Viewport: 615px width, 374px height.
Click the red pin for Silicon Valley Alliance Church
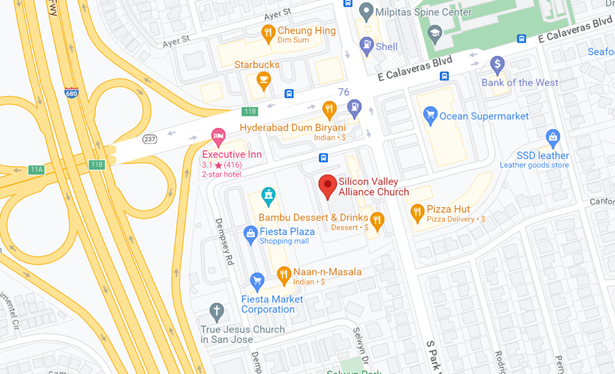(x=328, y=186)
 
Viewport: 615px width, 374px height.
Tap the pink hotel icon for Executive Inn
(x=218, y=136)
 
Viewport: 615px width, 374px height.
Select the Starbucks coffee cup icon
(x=263, y=81)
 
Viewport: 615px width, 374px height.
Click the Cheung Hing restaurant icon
(x=268, y=33)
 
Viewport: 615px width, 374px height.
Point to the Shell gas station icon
(x=367, y=46)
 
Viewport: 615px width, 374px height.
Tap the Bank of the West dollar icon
(x=497, y=65)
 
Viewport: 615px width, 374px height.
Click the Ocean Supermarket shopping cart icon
(x=430, y=115)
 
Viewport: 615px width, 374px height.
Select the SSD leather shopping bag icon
(x=552, y=137)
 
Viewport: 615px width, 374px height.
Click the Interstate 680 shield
(x=71, y=92)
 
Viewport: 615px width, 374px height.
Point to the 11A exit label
(x=36, y=169)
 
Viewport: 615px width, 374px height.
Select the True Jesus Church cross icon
(x=217, y=311)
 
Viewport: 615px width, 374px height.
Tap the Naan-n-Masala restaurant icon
(x=284, y=275)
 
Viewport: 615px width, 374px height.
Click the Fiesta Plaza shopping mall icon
(x=250, y=235)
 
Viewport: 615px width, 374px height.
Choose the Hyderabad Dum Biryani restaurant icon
(x=329, y=108)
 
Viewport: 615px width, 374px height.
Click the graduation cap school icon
(x=435, y=33)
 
